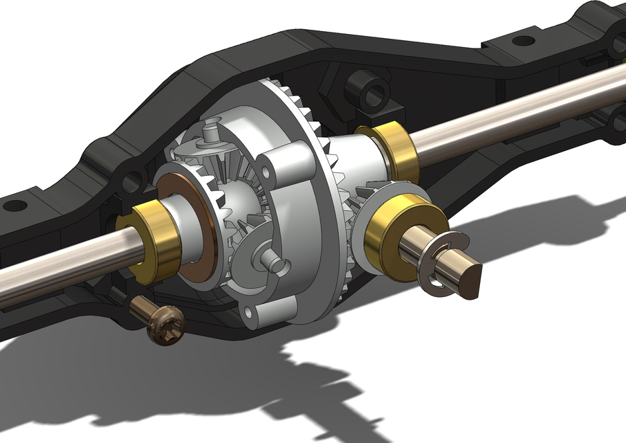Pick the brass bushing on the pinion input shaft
point(391,235)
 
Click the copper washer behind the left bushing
point(191,228)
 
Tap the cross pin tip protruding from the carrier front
point(275,264)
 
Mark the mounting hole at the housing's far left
point(15,206)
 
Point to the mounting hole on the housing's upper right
point(524,41)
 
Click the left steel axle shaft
point(55,264)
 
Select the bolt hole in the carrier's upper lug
point(264,170)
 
